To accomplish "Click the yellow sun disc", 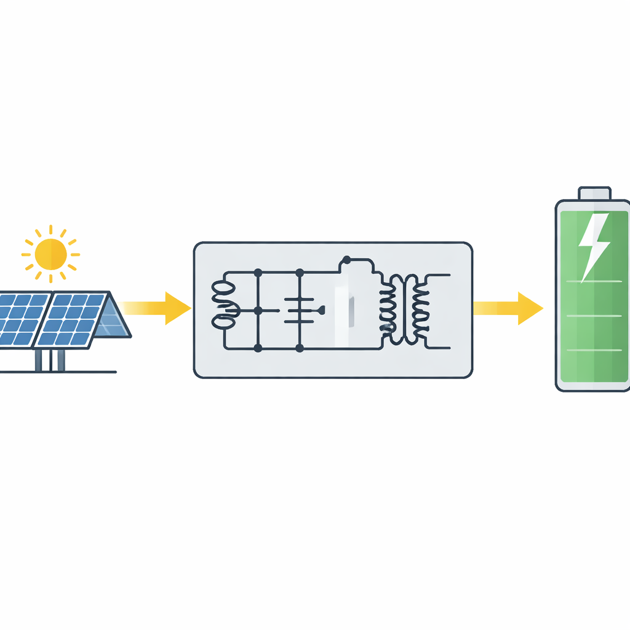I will tap(50, 253).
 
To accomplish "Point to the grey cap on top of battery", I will tap(594, 193).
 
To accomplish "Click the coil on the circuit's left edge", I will tap(225, 305).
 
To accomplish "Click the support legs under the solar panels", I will tap(49, 360).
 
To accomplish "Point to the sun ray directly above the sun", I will tap(50, 229).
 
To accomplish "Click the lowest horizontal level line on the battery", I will tap(593, 350).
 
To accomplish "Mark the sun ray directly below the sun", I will tap(50, 278).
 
